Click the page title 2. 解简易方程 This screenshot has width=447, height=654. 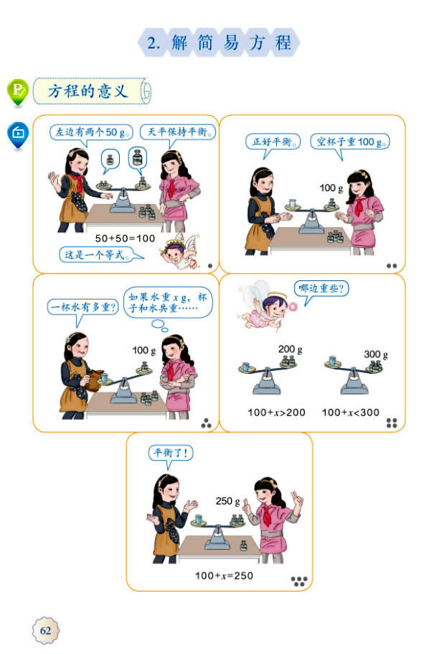coord(219,43)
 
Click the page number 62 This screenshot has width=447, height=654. coord(46,630)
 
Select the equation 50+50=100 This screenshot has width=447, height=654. coord(125,238)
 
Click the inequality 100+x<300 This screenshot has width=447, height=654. coord(350,412)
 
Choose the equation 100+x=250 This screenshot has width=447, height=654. coord(224,576)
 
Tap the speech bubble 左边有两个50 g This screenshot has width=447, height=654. coord(92,133)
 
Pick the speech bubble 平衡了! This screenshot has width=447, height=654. coord(171,453)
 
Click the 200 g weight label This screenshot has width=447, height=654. coord(290,350)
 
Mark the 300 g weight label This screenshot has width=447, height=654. coord(375,354)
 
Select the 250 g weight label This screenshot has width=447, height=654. coord(227,501)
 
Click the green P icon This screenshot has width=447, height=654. coord(18,91)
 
